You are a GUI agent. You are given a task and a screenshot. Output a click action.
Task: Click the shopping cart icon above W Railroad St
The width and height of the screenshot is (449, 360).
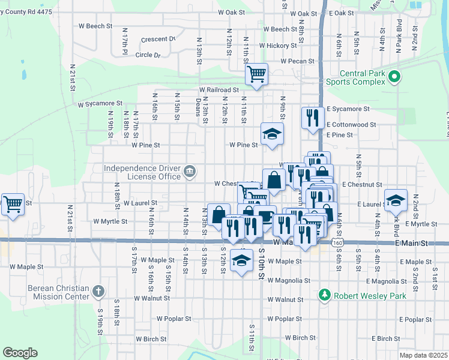256,74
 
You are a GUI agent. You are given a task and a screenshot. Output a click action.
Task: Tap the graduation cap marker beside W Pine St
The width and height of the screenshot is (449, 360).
272,134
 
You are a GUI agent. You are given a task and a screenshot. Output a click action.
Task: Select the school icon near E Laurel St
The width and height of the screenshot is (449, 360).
396,200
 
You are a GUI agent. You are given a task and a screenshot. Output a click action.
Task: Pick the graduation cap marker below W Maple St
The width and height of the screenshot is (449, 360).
241,260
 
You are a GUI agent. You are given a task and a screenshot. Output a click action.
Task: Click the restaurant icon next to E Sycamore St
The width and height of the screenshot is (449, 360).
311,117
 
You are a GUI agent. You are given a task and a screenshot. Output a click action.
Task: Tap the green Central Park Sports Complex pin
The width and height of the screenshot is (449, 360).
394,76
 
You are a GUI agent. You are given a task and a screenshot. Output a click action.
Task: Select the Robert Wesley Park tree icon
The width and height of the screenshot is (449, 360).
325,295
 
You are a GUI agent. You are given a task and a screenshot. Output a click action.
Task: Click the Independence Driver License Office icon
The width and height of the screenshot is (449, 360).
190,172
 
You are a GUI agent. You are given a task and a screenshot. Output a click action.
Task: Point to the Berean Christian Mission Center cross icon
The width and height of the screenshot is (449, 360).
99,292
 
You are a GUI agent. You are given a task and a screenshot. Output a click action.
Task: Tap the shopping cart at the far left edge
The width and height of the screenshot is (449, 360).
13,204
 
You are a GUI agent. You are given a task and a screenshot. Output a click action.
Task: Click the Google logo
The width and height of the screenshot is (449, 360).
20,353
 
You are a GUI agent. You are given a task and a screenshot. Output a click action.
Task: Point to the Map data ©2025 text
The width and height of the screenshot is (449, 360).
423,355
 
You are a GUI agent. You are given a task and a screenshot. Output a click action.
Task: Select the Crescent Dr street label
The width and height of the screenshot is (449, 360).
158,40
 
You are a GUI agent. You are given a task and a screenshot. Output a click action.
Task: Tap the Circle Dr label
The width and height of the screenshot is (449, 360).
148,55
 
